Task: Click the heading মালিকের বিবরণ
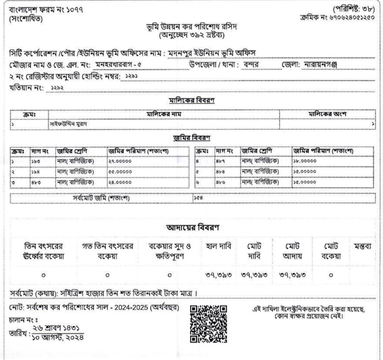192,101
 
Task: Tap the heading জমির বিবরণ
192,137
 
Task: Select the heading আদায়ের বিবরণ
192,227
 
